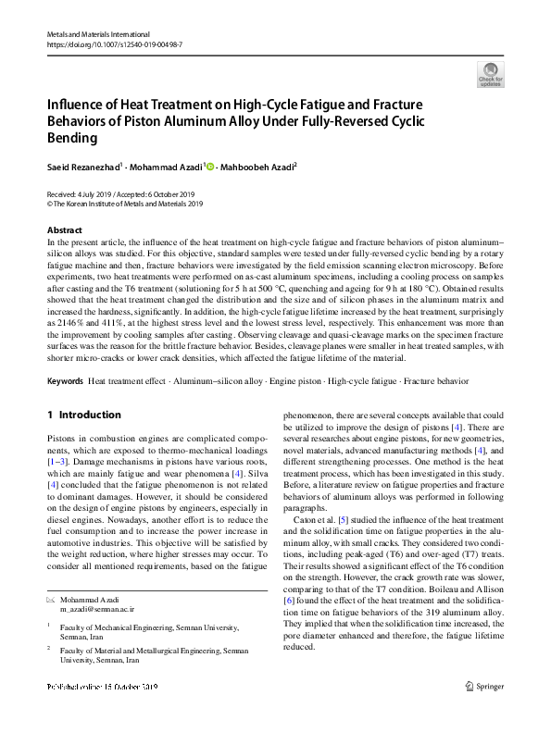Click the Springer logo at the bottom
click(484, 712)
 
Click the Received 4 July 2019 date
click(80, 194)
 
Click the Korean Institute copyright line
click(124, 205)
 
